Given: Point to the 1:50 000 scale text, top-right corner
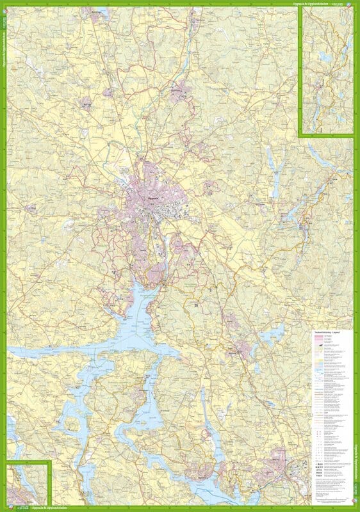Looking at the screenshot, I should (x=348, y=3).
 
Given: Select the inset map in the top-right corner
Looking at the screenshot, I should (x=325, y=70).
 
